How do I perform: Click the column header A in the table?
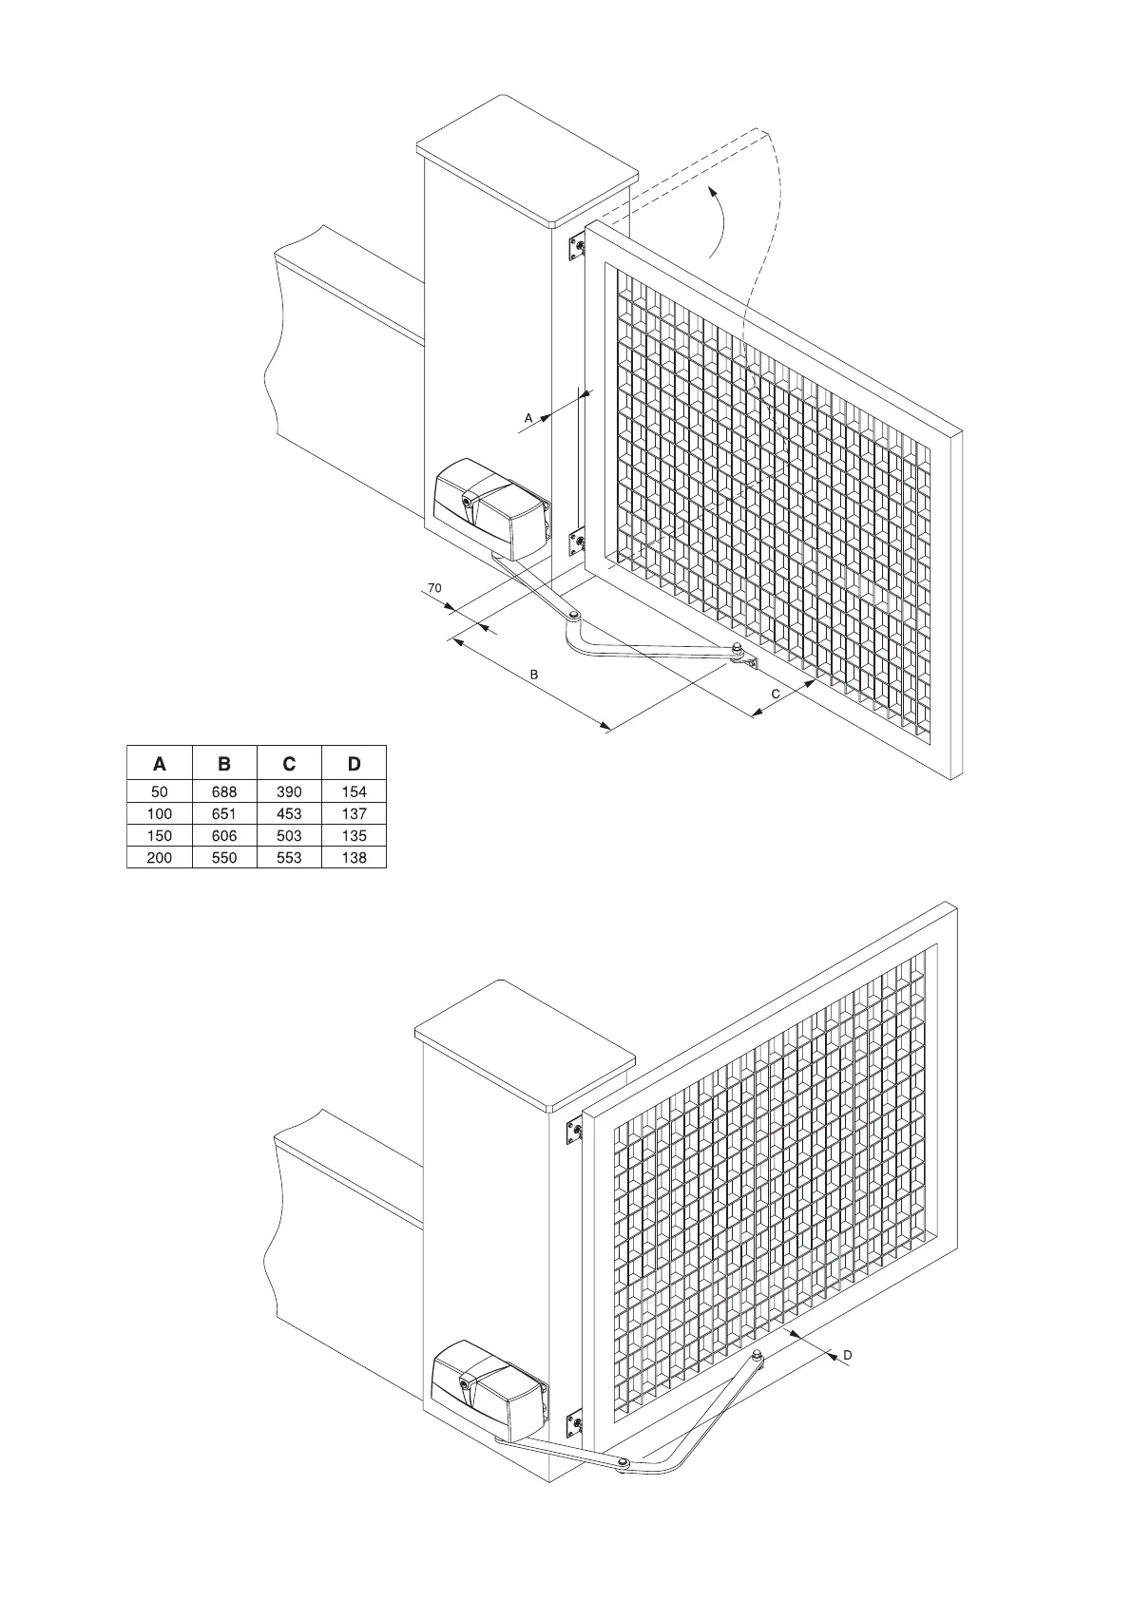point(160,764)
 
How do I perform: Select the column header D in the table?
point(354,764)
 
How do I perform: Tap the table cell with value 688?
point(224,791)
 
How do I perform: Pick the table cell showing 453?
point(289,813)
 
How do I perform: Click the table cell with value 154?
point(354,791)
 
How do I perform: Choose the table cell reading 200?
point(160,857)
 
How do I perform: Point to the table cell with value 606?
point(224,835)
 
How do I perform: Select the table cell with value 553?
point(289,857)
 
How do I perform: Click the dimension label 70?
point(434,588)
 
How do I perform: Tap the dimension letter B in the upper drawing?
point(534,674)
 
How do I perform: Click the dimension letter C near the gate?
point(776,695)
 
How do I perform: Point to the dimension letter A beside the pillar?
point(528,417)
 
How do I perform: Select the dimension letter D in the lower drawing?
point(847,1354)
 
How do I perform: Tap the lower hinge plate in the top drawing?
point(577,544)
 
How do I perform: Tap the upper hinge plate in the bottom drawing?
point(574,1131)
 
